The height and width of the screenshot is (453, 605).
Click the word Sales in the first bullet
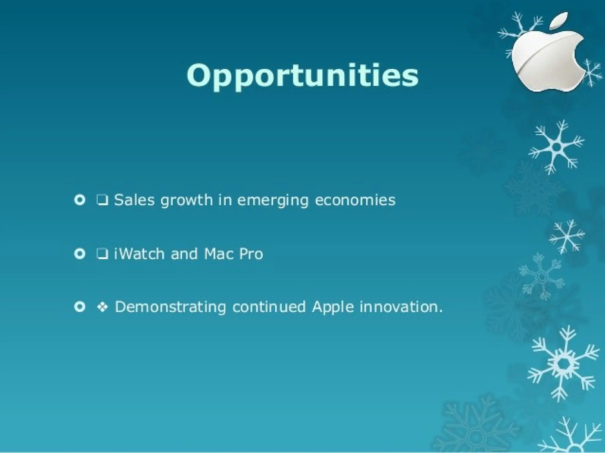[134, 200]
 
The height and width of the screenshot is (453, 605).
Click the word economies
[355, 200]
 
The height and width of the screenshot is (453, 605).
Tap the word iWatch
[139, 254]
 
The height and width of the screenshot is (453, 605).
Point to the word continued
[269, 307]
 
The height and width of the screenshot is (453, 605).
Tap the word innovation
[401, 307]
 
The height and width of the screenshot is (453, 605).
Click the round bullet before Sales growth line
[80, 200]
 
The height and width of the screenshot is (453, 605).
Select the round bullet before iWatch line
[80, 254]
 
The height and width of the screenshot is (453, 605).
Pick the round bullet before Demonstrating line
[80, 307]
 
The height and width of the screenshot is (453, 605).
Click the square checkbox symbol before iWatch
[102, 254]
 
